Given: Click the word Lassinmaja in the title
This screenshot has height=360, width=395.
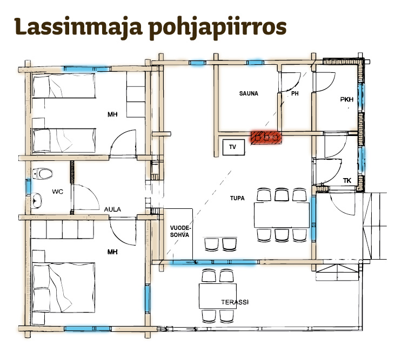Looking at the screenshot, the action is click(78, 27).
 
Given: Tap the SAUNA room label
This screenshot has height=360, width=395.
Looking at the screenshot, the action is click(249, 93).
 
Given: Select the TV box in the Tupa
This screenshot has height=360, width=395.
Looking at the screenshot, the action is click(233, 147).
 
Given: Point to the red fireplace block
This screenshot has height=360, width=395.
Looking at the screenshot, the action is click(266, 137).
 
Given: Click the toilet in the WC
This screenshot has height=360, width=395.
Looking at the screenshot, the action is click(43, 174).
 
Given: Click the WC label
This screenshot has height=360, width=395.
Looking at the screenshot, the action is click(58, 192).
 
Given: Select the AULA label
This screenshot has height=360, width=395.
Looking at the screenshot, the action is click(112, 209).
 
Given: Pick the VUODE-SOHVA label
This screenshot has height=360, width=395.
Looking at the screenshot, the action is click(179, 232).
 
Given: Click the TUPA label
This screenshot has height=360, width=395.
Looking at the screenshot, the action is click(237, 198).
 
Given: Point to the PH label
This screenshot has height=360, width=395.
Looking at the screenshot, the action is click(294, 93).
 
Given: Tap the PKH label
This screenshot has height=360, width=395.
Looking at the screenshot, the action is click(346, 100).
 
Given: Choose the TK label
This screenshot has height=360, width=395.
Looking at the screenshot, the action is click(347, 181).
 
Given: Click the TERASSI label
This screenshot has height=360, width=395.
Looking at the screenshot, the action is click(235, 302).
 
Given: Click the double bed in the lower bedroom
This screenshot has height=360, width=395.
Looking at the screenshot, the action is click(64, 287).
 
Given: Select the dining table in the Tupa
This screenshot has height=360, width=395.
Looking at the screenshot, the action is click(282, 215).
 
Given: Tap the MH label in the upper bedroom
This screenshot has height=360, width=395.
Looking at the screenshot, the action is click(112, 114).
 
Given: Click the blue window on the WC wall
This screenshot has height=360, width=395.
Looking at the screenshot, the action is click(29, 186).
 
